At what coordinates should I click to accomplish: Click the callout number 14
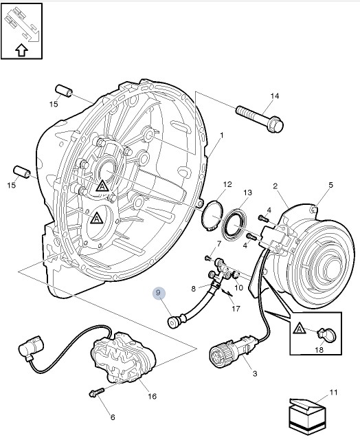tap(274, 96)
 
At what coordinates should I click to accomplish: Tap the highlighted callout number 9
tap(159, 294)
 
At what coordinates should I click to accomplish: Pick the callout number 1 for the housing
tap(222, 134)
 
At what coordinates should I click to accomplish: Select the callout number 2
tap(275, 186)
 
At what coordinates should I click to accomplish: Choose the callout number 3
tap(254, 373)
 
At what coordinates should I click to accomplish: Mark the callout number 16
tap(152, 396)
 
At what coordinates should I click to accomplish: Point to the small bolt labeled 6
tap(95, 393)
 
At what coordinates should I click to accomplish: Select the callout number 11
tap(334, 393)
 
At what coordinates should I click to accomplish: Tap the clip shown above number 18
tap(328, 335)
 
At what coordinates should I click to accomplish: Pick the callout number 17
tap(236, 309)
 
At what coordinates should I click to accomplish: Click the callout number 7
tap(219, 243)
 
